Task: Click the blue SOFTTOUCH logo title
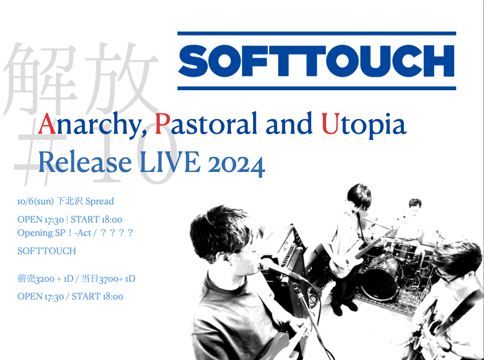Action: click(x=316, y=61)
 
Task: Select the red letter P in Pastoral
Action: click(x=162, y=124)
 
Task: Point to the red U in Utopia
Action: click(x=331, y=124)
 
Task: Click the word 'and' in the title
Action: click(x=289, y=124)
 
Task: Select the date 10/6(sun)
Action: click(x=36, y=201)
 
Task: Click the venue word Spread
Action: click(x=99, y=201)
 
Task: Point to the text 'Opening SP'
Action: click(x=41, y=233)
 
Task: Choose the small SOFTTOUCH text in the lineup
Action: click(x=47, y=251)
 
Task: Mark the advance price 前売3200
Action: click(x=36, y=279)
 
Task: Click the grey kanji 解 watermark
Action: click(x=40, y=79)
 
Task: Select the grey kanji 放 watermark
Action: click(x=122, y=79)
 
